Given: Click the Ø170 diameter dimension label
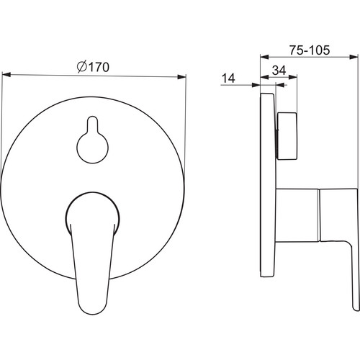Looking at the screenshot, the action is (93, 67).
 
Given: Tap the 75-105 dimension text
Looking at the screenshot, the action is (310, 50).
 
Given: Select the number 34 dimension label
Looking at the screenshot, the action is (279, 71).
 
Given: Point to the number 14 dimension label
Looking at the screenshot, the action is (228, 78).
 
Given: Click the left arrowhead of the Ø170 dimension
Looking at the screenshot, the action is (6, 75).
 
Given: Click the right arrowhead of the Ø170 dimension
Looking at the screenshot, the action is (181, 77).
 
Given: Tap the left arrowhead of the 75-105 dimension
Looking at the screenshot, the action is (265, 57).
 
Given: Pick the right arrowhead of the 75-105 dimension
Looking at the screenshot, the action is (354, 57).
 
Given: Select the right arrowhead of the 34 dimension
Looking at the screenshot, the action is (293, 77).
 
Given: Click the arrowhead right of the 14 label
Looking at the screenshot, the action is (256, 85).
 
